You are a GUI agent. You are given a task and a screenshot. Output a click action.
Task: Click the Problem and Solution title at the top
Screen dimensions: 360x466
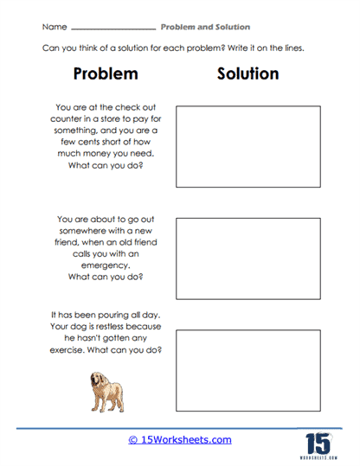[206, 27]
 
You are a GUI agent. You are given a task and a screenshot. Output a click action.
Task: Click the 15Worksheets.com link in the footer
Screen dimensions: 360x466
[179, 439]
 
